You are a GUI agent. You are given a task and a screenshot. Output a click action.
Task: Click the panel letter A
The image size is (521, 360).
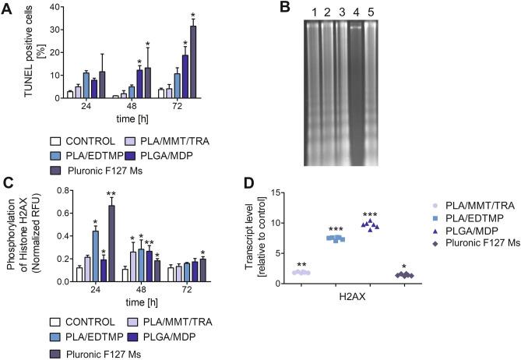point(7,8)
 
